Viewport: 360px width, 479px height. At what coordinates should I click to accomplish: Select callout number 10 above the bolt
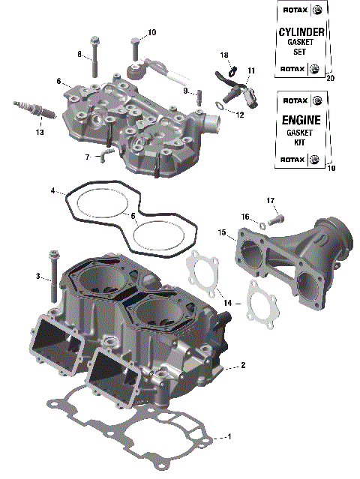151,32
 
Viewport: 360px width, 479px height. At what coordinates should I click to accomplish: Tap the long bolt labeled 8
94,56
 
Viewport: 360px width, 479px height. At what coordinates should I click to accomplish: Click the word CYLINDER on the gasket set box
300,32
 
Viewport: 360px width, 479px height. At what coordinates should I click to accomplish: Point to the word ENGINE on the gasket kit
300,120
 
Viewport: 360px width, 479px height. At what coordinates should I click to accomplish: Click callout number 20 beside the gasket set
331,78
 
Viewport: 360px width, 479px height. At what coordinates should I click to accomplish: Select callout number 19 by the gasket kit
331,169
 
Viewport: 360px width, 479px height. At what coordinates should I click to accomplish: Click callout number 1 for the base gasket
230,436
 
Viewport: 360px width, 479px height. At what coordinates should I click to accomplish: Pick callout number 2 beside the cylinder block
241,366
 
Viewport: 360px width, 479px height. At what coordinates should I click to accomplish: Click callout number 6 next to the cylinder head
58,81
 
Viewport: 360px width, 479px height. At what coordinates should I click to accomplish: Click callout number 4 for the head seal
54,191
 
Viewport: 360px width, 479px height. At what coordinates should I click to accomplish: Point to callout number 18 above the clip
224,55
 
